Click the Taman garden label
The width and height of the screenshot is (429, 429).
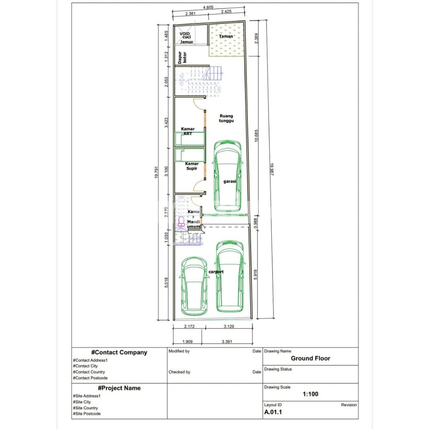pyautogui.click(x=226, y=36)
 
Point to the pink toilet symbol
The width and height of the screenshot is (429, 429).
pyautogui.click(x=182, y=221)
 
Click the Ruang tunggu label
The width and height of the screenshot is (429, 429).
pyautogui.click(x=226, y=118)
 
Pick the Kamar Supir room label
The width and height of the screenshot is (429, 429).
pyautogui.click(x=191, y=166)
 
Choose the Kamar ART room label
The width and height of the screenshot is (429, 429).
pyautogui.click(x=187, y=131)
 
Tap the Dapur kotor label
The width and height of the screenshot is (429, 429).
pyautogui.click(x=182, y=57)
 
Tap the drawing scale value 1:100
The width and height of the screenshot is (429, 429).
pyautogui.click(x=310, y=394)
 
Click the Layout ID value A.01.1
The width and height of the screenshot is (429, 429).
pyautogui.click(x=273, y=412)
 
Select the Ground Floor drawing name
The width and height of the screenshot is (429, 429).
pyautogui.click(x=310, y=358)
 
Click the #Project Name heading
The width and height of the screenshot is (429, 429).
pyautogui.click(x=119, y=388)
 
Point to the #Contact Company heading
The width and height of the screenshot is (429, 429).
pyautogui.click(x=119, y=352)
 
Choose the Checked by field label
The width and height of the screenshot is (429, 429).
pyautogui.click(x=179, y=372)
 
